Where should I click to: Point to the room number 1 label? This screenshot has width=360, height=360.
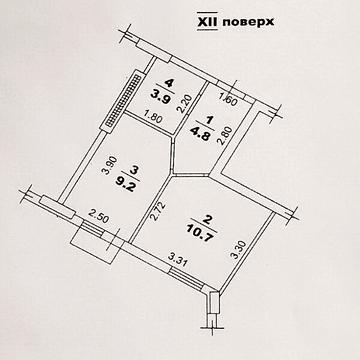[x=199, y=115]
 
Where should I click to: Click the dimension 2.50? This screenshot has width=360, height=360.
[x=97, y=216]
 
